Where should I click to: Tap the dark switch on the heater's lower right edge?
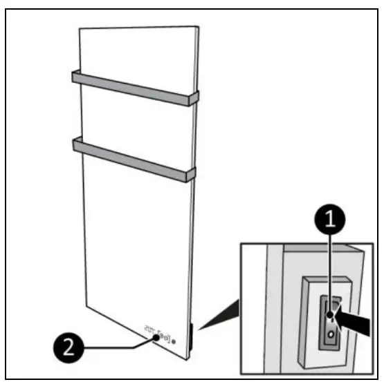pyautogui.click(x=193, y=336)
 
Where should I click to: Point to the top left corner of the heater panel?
pyautogui.click(x=80, y=28)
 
